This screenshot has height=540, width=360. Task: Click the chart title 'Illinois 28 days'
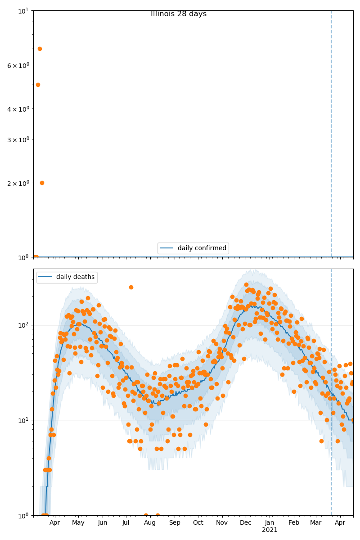[179, 14]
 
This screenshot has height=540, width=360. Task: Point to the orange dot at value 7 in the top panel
[40, 49]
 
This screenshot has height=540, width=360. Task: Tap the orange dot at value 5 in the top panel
[38, 85]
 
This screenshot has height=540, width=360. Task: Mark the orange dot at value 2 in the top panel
[42, 183]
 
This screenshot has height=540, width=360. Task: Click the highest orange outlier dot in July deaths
[131, 287]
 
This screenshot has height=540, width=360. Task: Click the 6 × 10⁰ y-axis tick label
[18, 65]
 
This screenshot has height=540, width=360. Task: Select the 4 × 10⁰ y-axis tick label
[18, 109]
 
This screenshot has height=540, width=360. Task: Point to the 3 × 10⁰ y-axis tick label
[18, 139]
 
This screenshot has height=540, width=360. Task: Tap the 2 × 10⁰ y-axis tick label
[18, 183]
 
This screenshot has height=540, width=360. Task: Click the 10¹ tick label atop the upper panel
[23, 10]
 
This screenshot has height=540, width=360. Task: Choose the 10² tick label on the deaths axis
[23, 325]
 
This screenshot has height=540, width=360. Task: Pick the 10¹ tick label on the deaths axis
[23, 420]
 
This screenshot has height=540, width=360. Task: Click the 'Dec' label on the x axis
[246, 523]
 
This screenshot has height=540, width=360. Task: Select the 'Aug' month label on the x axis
[150, 523]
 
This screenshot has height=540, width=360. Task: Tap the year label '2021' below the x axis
[270, 530]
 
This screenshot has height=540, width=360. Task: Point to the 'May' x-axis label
[78, 523]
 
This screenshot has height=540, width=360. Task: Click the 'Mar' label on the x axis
[316, 523]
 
